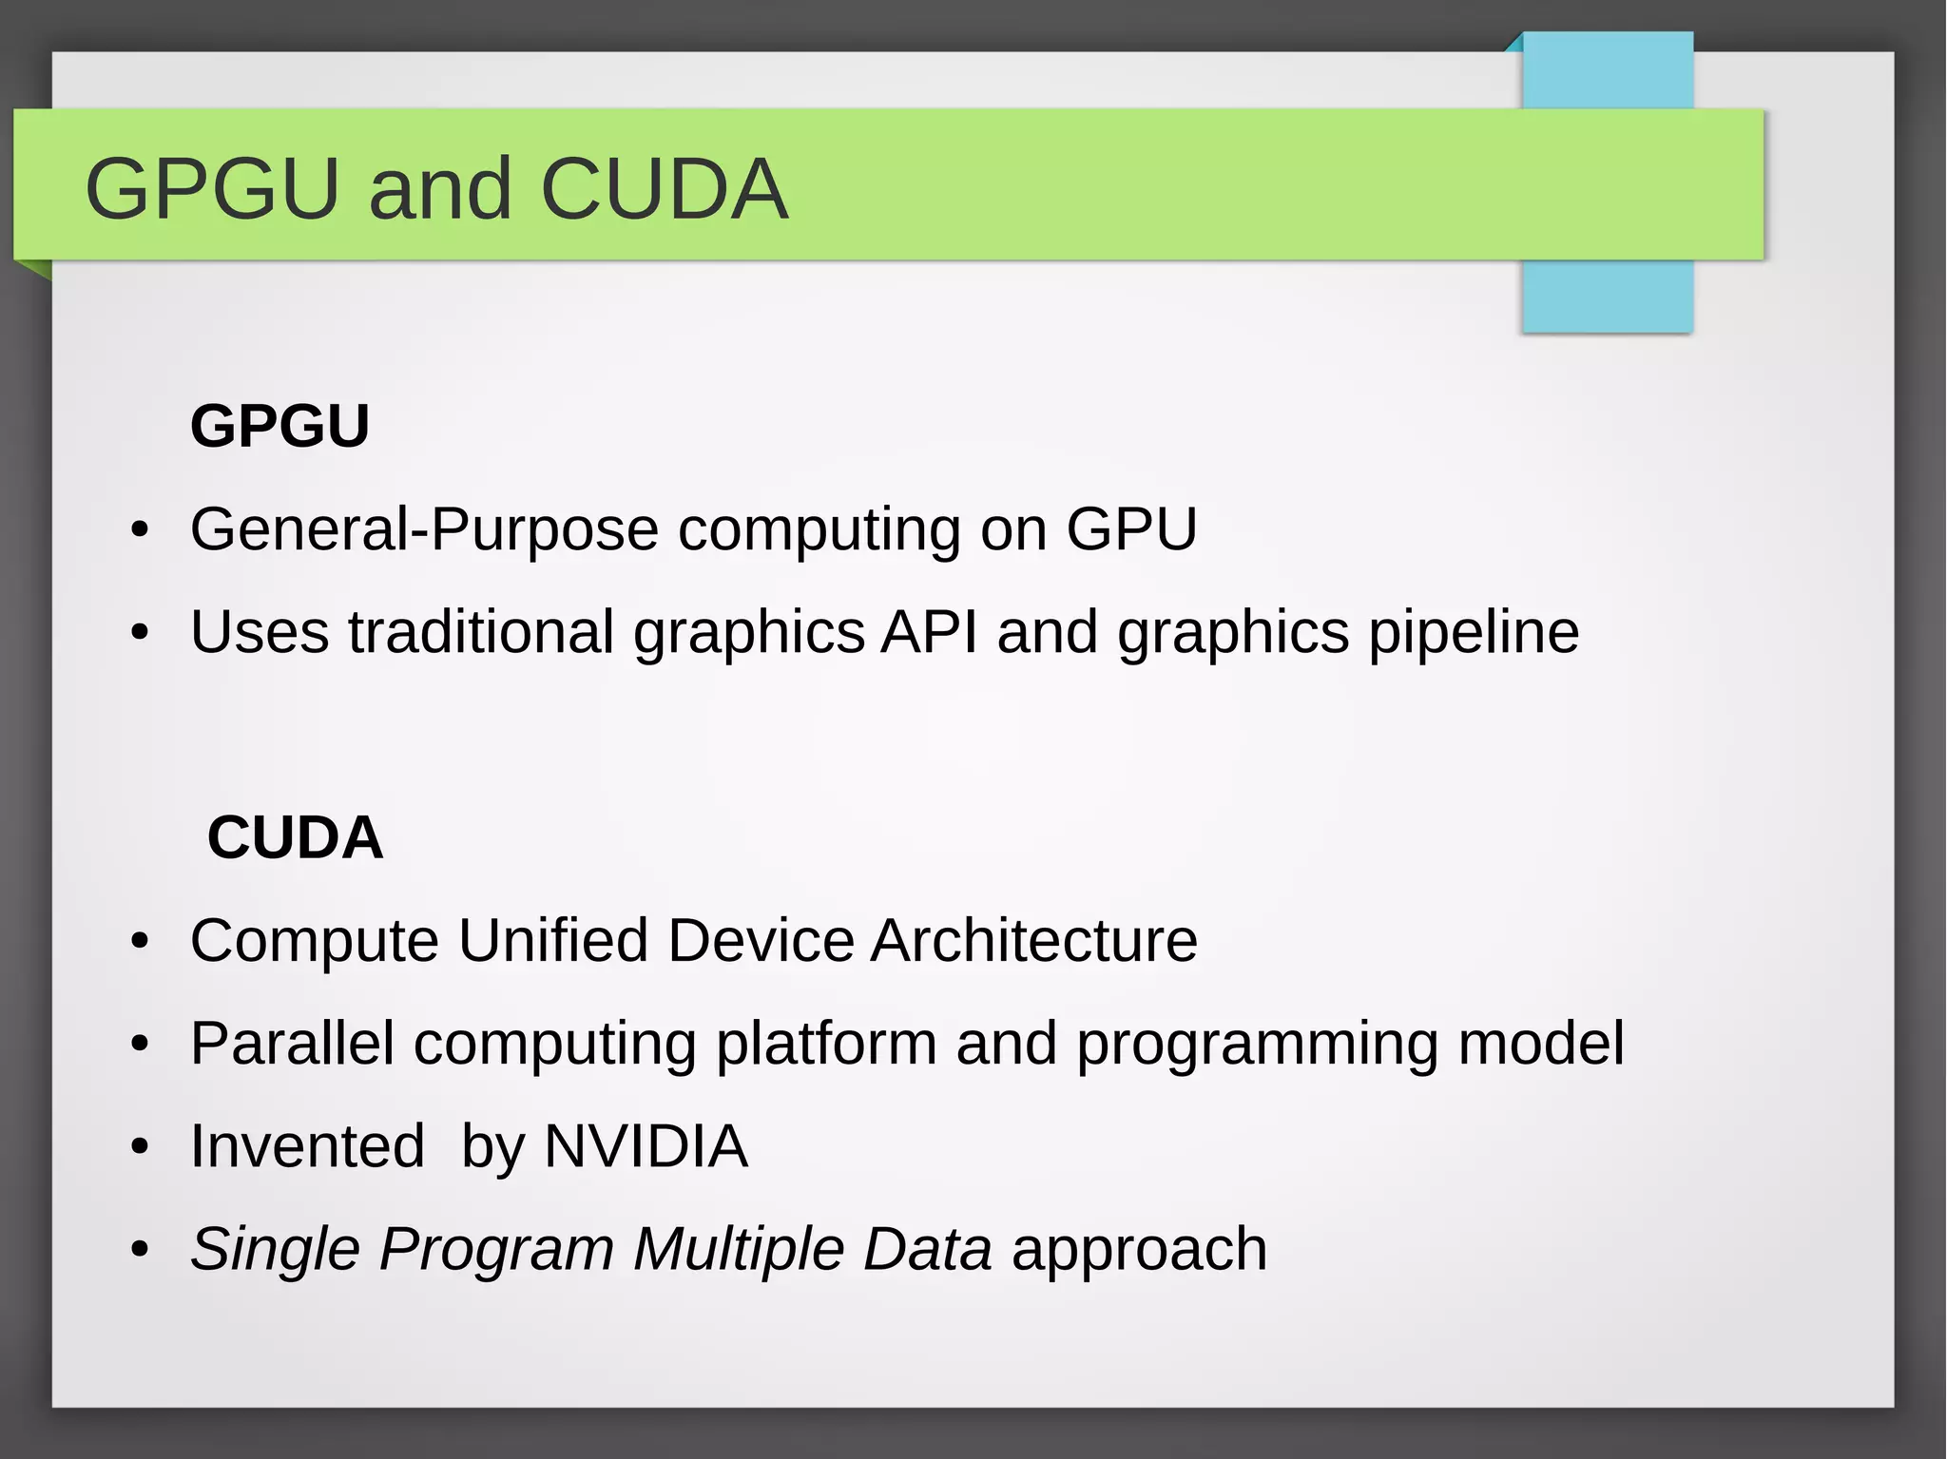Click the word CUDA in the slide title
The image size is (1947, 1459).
pyautogui.click(x=664, y=188)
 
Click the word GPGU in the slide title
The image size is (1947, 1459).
pyautogui.click(x=212, y=188)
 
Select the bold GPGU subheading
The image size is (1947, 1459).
pyautogui.click(x=280, y=425)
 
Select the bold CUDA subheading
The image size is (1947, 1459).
pyautogui.click(x=295, y=837)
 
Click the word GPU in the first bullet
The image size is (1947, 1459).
pyautogui.click(x=1131, y=528)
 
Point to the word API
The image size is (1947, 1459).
pyautogui.click(x=929, y=631)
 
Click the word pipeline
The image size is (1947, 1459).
pyautogui.click(x=1474, y=633)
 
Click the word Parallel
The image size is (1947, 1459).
pyautogui.click(x=292, y=1043)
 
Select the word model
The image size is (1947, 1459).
pyautogui.click(x=1541, y=1043)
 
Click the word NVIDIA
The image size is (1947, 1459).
pyautogui.click(x=646, y=1145)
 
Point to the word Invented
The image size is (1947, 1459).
pyautogui.click(x=307, y=1145)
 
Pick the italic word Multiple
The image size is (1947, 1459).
pyautogui.click(x=739, y=1249)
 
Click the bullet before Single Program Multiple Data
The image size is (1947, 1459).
pyautogui.click(x=141, y=1250)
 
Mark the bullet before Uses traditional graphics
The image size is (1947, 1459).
pyautogui.click(x=141, y=633)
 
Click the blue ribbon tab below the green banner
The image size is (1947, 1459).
pyautogui.click(x=1607, y=296)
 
